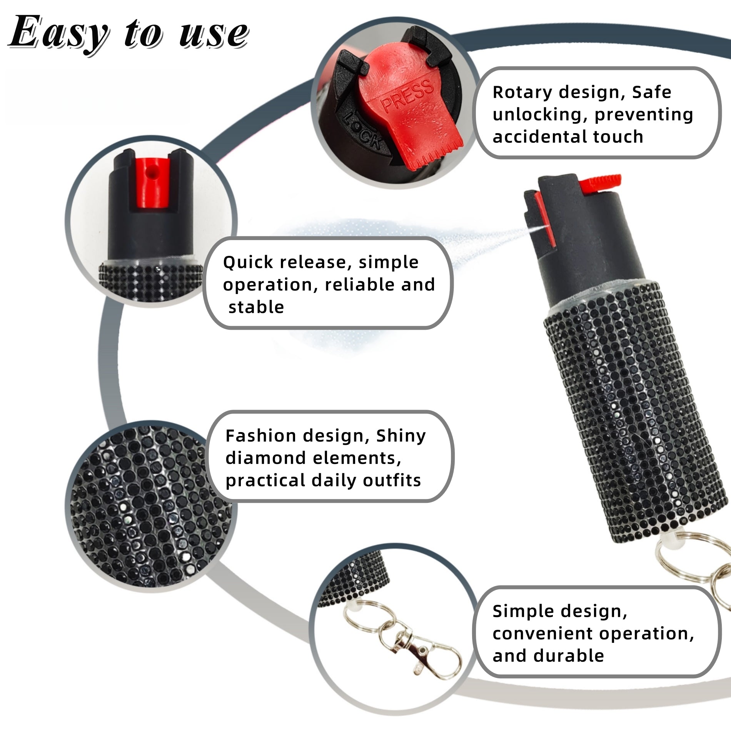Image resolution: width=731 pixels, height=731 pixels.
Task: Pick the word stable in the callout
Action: tap(256, 307)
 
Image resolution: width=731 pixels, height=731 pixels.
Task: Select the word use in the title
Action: tap(213, 36)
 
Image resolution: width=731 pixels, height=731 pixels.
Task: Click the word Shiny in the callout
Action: tap(401, 436)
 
